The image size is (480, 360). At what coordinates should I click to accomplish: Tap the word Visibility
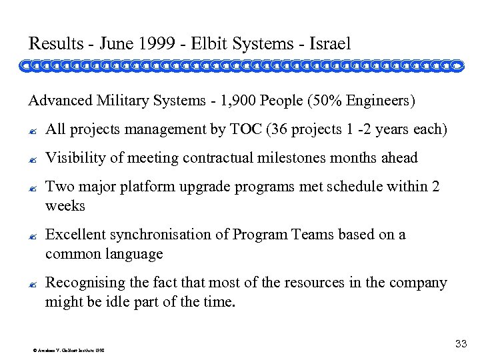click(x=76, y=158)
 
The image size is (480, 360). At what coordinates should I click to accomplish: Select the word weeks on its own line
click(x=65, y=206)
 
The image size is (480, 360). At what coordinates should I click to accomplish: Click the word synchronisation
click(x=167, y=235)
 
